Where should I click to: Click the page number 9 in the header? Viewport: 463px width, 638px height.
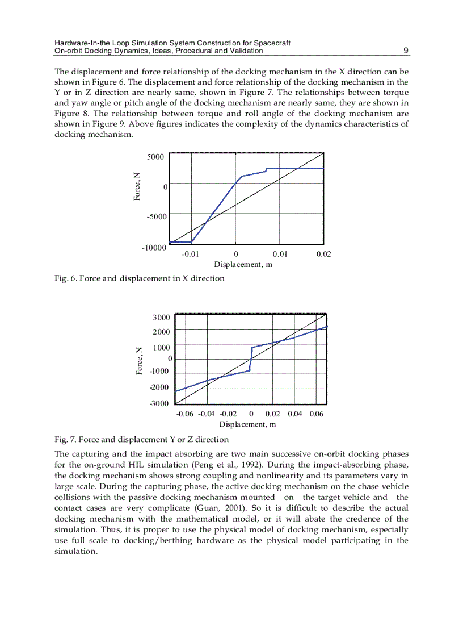[x=406, y=51]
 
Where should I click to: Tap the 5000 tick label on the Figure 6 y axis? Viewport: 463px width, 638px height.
[x=155, y=156]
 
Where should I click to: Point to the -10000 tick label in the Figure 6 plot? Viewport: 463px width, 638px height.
[x=153, y=248]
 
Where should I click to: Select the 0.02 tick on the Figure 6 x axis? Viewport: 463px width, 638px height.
[x=323, y=254]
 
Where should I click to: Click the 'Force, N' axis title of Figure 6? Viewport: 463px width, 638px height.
[x=137, y=186]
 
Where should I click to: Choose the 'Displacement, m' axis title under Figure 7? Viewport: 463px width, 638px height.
[x=247, y=424]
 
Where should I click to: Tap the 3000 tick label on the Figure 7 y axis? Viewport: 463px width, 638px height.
[x=161, y=318]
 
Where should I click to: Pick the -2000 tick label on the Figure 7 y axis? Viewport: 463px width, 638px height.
[x=159, y=387]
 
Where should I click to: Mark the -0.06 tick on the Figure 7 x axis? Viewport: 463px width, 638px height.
[x=186, y=414]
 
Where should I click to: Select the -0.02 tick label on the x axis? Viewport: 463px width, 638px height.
[x=228, y=414]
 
